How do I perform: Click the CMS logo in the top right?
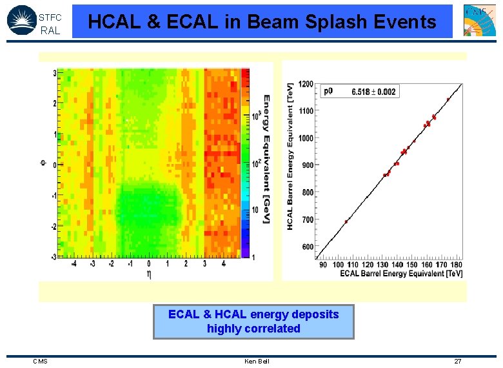[480, 21]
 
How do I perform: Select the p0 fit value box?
[359, 92]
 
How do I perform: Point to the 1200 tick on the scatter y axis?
[305, 84]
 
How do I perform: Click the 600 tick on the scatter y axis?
[307, 247]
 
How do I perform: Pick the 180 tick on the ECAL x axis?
[457, 265]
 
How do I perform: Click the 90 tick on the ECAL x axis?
[323, 265]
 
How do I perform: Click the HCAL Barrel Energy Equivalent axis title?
[291, 155]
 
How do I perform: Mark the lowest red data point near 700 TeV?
[346, 221]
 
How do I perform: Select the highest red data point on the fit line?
[448, 99]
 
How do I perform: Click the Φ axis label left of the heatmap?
[44, 164]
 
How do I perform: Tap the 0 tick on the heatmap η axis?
[149, 264]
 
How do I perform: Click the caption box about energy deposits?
[253, 322]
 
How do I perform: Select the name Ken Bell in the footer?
[257, 361]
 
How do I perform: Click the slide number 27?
[457, 361]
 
